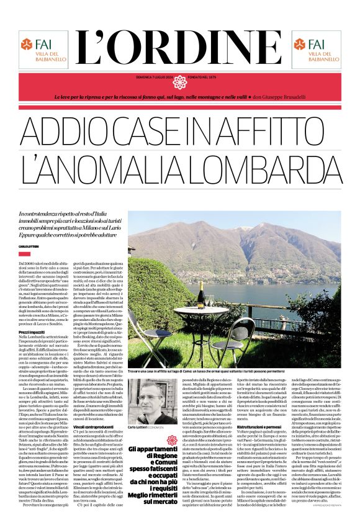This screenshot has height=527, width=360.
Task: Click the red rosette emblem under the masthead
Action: click(x=180, y=81)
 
